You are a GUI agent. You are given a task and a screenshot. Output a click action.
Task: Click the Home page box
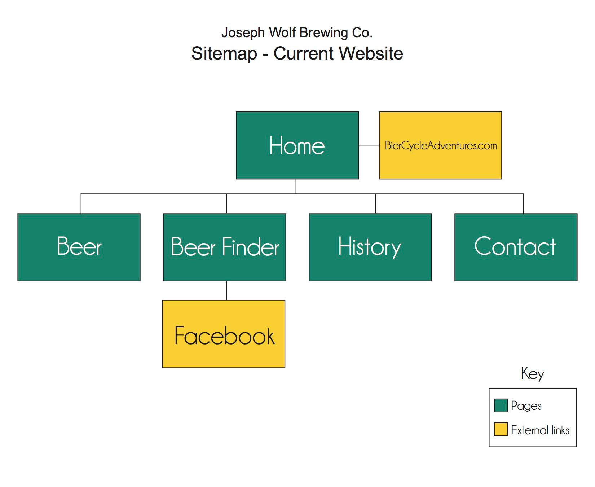(297, 145)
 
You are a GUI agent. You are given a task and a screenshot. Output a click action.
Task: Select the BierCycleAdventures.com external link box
(440, 145)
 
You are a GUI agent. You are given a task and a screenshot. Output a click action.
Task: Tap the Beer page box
(79, 247)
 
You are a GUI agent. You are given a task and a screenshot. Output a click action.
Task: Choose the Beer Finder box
(225, 247)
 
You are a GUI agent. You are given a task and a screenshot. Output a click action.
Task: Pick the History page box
(370, 247)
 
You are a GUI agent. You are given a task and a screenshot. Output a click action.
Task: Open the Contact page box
(516, 247)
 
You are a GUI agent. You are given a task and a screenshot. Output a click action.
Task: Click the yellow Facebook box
(224, 334)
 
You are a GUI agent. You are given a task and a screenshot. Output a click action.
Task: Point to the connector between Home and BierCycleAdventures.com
(369, 146)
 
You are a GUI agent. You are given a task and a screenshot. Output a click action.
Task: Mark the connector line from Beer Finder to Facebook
(226, 291)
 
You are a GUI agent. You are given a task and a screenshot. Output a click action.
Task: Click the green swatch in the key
(501, 405)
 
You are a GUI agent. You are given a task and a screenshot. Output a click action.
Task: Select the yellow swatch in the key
(501, 429)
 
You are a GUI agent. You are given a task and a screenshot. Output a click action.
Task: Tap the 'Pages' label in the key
(526, 406)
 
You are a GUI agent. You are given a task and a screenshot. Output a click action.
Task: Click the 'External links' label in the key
(540, 430)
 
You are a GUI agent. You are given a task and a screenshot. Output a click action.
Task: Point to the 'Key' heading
(533, 374)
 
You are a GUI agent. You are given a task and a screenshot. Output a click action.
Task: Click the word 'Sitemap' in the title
(224, 53)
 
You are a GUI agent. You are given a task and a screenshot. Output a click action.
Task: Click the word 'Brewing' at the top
(323, 32)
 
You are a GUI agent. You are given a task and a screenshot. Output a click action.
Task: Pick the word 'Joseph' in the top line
(243, 32)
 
